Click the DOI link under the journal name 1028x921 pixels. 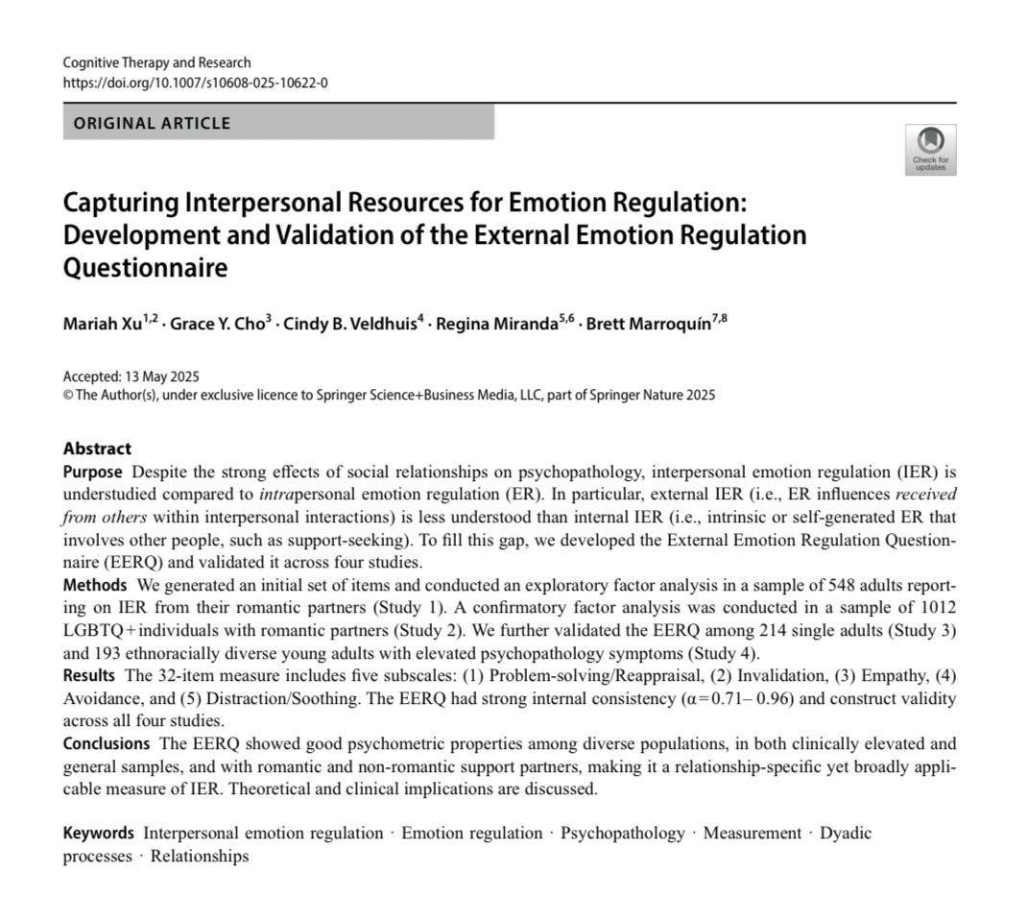[x=195, y=83]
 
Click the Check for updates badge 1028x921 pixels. [x=930, y=150]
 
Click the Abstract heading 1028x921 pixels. [x=97, y=448]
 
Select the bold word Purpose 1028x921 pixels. [x=92, y=472]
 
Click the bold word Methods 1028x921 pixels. [x=94, y=585]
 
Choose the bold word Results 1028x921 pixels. [x=90, y=676]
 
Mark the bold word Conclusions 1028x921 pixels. [x=106, y=743]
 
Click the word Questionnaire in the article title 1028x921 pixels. [x=145, y=267]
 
